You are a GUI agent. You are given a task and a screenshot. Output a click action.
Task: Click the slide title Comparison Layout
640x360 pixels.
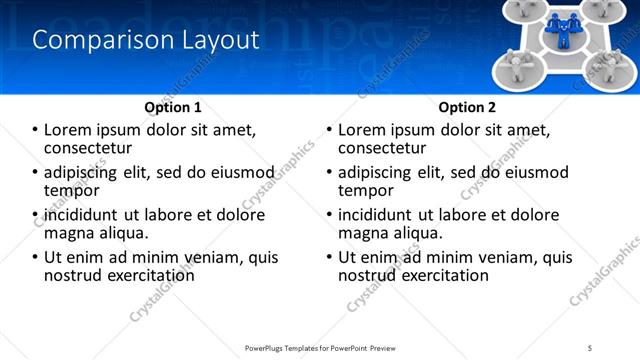[146, 40]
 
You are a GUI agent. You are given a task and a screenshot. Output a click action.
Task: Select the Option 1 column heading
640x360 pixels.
[173, 107]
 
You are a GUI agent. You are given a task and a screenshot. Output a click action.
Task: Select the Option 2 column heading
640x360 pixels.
[467, 107]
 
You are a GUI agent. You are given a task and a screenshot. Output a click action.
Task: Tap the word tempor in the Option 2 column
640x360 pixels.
[366, 190]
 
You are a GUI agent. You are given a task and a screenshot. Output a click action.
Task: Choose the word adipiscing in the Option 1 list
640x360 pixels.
[84, 173]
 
